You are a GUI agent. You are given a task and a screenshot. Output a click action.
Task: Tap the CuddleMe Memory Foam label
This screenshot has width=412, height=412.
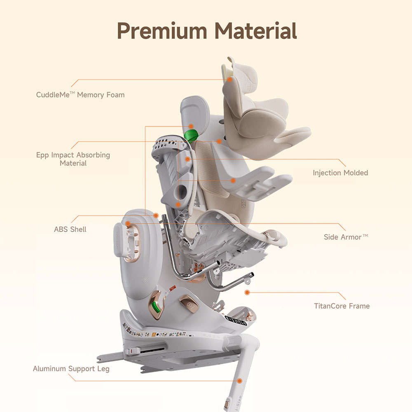point(80,95)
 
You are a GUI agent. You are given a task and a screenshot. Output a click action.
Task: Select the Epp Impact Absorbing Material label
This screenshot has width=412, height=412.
point(73,159)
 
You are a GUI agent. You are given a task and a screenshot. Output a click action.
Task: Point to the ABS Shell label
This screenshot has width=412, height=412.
point(70,229)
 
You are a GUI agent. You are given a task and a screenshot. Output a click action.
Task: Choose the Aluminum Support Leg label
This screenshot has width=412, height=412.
point(71,368)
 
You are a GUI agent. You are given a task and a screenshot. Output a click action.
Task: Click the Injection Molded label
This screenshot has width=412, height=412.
point(340,173)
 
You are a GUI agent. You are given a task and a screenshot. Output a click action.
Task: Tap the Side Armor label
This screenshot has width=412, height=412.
point(345,237)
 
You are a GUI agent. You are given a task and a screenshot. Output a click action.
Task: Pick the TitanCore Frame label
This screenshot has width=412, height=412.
point(342,306)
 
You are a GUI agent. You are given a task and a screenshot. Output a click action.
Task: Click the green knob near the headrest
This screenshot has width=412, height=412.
point(191,134)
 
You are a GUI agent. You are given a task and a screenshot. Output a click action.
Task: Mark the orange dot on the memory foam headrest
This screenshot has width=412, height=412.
point(230,80)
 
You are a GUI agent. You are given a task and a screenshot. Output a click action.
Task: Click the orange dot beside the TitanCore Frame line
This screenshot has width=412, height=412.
point(247,293)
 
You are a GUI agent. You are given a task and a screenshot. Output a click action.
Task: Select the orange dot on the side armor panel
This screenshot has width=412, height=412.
point(128,224)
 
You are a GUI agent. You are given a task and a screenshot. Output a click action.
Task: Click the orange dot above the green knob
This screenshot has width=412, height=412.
point(191,126)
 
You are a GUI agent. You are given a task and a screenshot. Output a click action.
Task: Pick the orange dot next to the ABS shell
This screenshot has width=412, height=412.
point(156,215)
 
